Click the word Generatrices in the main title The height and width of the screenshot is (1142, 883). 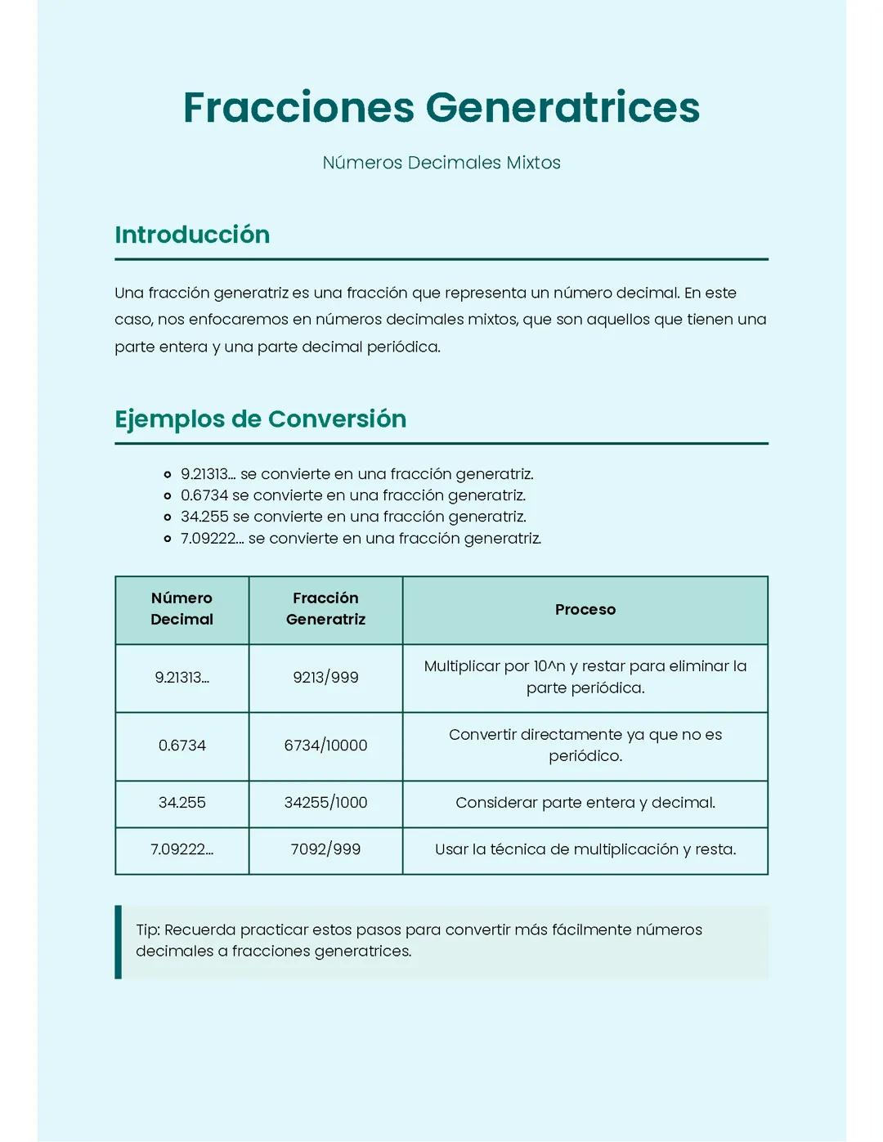pos(562,107)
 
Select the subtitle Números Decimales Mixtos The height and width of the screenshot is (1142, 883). pos(441,163)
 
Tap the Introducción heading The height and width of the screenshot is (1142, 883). pos(192,235)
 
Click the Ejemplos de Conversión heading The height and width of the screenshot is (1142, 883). pos(260,419)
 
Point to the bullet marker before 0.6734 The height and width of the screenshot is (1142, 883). pos(168,495)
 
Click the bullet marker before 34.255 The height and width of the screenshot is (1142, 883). pos(168,517)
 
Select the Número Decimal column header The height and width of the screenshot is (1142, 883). pos(182,609)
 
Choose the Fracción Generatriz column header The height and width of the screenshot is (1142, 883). pos(325,609)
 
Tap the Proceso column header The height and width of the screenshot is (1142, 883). pos(585,610)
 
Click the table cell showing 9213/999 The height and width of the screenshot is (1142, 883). pos(325,678)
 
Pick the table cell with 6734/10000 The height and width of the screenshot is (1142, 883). pos(325,746)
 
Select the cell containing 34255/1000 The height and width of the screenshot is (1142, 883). pos(325,803)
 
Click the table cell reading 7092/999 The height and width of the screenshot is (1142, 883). pos(325,849)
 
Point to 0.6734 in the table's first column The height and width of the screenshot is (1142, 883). pos(182,746)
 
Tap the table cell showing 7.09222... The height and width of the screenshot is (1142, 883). pos(182,849)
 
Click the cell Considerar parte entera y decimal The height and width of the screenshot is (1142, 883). pos(585,803)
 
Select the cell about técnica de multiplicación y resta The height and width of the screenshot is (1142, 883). pos(585,849)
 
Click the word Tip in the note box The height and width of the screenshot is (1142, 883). pos(147,929)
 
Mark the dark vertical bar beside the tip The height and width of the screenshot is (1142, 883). pos(119,941)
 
